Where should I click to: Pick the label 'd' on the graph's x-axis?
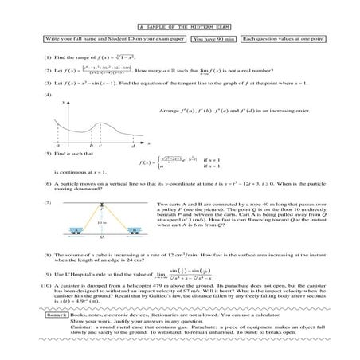(132, 146)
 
